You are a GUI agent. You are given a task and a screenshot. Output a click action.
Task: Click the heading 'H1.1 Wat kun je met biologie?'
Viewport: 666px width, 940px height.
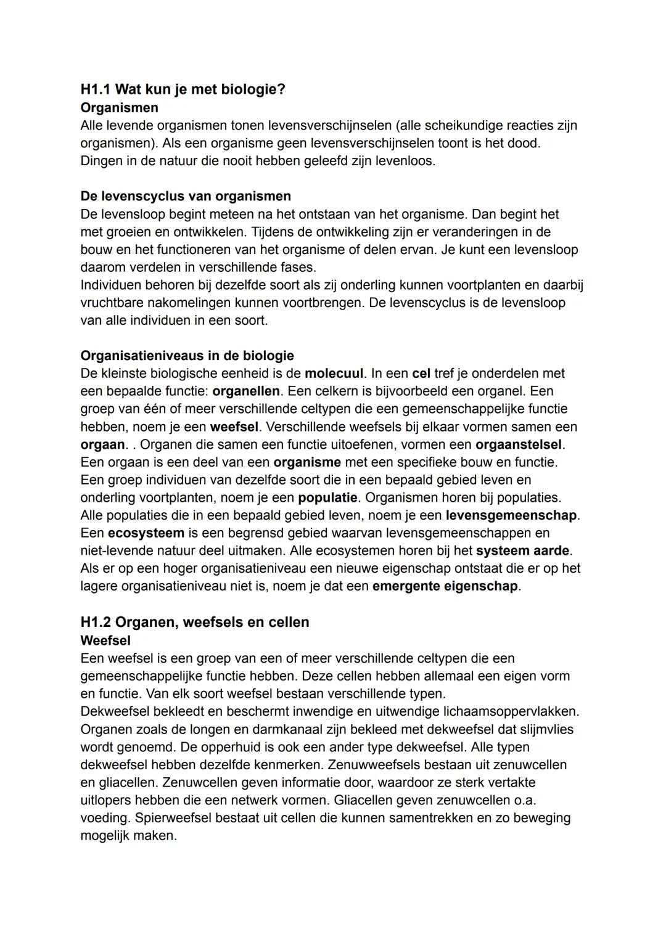[183, 89]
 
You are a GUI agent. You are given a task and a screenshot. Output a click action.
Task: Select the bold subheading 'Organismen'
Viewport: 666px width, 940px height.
[119, 108]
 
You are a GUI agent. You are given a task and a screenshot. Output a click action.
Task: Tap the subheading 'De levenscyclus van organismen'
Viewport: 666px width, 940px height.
[186, 197]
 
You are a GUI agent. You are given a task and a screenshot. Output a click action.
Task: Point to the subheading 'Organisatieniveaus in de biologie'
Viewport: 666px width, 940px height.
[187, 356]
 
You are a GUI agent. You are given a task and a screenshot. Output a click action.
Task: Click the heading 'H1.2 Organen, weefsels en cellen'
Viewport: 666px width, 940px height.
[195, 622]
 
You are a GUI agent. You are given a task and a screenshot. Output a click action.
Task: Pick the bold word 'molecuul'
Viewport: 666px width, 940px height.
[334, 374]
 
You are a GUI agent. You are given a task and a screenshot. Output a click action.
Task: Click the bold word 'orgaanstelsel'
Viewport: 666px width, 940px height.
[519, 444]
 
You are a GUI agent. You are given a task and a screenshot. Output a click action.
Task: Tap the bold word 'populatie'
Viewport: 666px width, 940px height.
[327, 497]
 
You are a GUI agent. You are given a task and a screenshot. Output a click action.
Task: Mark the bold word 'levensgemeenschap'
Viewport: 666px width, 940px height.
[511, 515]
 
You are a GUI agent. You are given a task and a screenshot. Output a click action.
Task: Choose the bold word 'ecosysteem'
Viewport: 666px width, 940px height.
[146, 533]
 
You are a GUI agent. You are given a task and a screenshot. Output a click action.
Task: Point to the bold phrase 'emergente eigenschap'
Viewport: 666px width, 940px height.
[445, 586]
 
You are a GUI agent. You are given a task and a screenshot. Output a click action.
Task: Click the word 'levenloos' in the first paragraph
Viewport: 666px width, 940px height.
[403, 161]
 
